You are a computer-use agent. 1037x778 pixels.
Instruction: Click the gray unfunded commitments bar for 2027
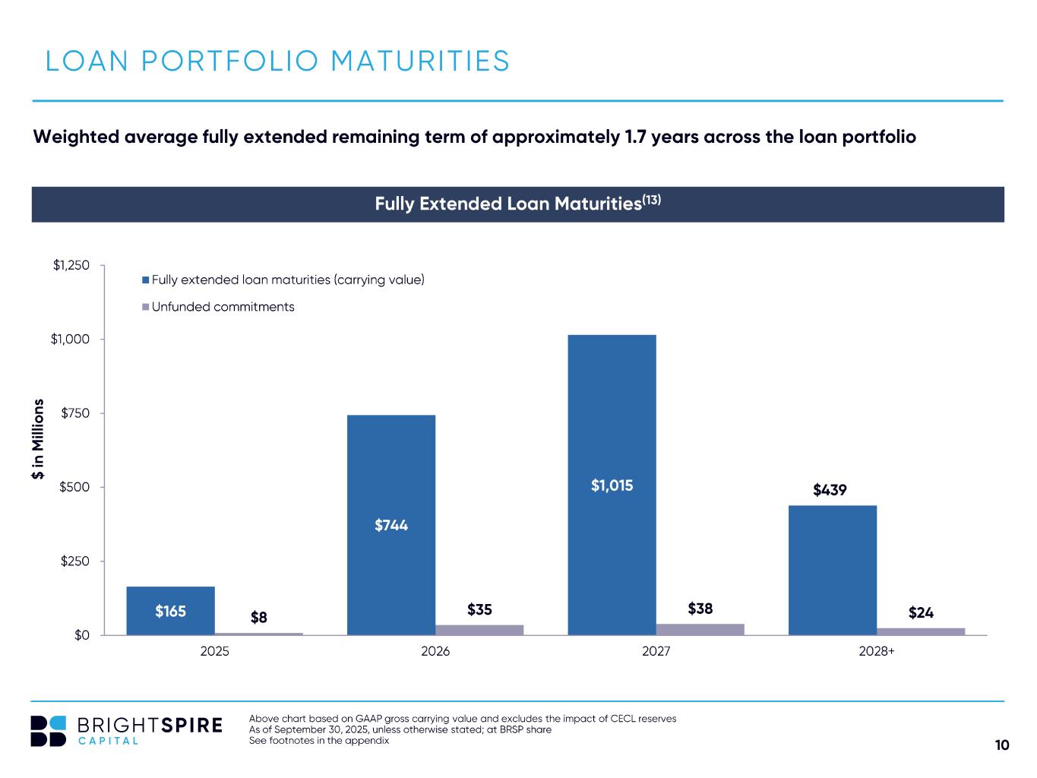tap(700, 629)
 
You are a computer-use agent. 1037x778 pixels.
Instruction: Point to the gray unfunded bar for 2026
tap(479, 630)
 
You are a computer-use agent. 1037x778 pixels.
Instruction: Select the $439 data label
tap(830, 490)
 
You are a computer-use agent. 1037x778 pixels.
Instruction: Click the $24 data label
tap(921, 612)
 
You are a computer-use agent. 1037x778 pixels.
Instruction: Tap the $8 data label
tap(259, 617)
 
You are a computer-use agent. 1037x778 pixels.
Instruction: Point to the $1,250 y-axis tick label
tap(71, 265)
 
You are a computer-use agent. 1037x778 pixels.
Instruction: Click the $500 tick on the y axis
tap(75, 487)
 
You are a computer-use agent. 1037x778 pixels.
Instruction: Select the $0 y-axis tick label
tap(81, 635)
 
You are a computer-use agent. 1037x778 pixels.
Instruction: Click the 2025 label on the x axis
tap(214, 652)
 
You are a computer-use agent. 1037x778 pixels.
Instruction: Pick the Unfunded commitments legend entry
tap(222, 307)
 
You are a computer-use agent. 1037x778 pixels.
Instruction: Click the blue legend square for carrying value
tap(145, 280)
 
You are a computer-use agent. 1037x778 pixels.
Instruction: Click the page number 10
tap(1002, 745)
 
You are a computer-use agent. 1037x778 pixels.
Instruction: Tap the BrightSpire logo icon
tap(49, 731)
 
